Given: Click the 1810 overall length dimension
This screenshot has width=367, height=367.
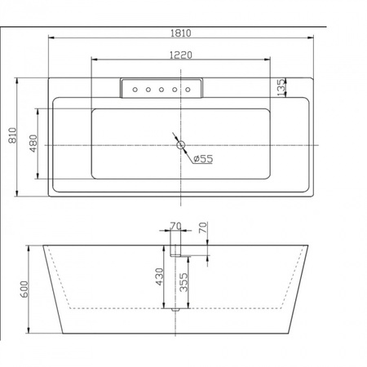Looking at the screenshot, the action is pyautogui.click(x=181, y=33).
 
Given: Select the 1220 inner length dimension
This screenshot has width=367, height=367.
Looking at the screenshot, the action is pyautogui.click(x=181, y=55).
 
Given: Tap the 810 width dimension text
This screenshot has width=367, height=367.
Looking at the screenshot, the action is pyautogui.click(x=13, y=135).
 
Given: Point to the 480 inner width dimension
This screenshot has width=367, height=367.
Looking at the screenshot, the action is pyautogui.click(x=33, y=144).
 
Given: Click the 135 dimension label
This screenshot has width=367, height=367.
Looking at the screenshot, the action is pyautogui.click(x=281, y=87).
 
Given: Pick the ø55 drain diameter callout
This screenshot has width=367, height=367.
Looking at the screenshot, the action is pyautogui.click(x=203, y=158).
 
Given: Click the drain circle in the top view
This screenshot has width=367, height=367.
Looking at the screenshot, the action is pyautogui.click(x=181, y=145).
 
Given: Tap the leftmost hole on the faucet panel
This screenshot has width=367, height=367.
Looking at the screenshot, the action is pyautogui.click(x=135, y=90).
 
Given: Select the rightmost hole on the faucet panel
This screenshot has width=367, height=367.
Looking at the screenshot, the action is pyautogui.click(x=188, y=90).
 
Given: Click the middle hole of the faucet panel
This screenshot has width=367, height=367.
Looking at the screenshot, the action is pyautogui.click(x=161, y=90).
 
